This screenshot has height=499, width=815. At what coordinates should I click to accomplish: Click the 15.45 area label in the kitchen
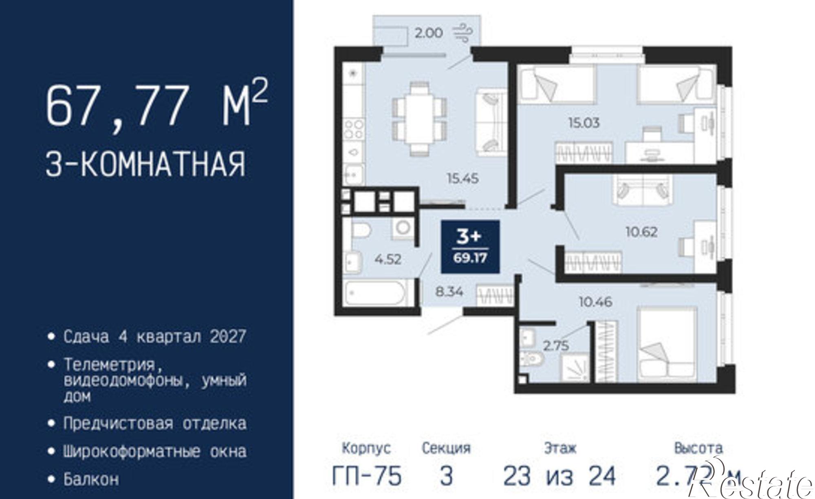click(462, 178)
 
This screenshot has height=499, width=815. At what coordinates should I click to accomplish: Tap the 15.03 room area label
click(584, 123)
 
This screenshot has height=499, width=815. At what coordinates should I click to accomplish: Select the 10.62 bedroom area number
click(641, 232)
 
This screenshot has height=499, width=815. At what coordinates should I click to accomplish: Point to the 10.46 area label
click(596, 302)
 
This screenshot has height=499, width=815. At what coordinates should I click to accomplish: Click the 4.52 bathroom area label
click(388, 259)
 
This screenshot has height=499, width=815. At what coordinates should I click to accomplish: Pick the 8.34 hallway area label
click(449, 292)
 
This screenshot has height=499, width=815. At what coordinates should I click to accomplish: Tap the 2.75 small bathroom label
click(556, 346)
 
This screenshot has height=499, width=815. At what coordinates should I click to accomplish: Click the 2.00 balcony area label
click(428, 33)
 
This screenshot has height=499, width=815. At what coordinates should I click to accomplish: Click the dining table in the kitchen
click(419, 118)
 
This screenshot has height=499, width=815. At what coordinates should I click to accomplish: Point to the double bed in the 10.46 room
click(666, 345)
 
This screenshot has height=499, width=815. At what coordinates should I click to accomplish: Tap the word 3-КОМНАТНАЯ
click(146, 164)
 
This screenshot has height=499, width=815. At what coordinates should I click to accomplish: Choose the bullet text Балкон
click(91, 479)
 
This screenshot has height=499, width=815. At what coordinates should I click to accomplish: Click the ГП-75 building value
click(367, 476)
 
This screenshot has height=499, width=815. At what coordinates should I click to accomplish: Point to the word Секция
click(446, 448)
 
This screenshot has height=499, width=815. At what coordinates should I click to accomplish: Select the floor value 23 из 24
click(559, 476)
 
